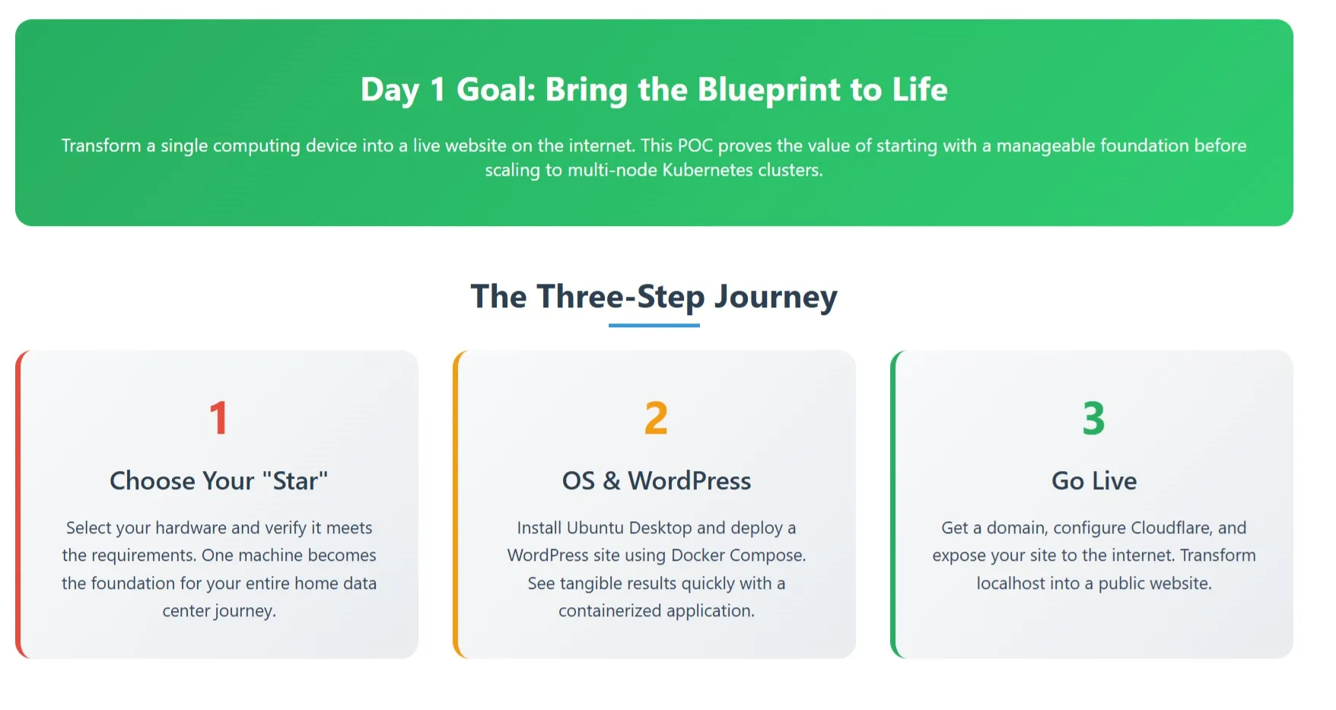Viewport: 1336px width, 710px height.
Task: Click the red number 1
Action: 218,418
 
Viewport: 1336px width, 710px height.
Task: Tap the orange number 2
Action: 656,418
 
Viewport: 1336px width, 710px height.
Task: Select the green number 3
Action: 1093,418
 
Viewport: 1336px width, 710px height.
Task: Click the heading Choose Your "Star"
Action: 219,481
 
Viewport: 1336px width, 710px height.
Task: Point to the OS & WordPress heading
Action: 656,481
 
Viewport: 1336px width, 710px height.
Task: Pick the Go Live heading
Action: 1093,481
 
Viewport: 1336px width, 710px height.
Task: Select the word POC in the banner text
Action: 695,145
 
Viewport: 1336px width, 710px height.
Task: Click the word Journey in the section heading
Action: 775,297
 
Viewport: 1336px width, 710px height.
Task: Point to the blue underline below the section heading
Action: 654,326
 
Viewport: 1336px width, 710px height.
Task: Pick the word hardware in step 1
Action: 191,528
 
